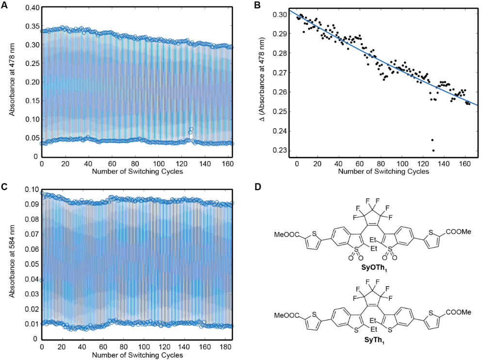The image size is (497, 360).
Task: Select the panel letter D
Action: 257,187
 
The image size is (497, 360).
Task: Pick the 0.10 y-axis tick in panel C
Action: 32,189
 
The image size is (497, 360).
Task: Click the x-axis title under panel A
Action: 137,172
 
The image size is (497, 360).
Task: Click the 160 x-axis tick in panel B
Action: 465,164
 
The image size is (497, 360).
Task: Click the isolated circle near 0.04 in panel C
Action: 42,280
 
